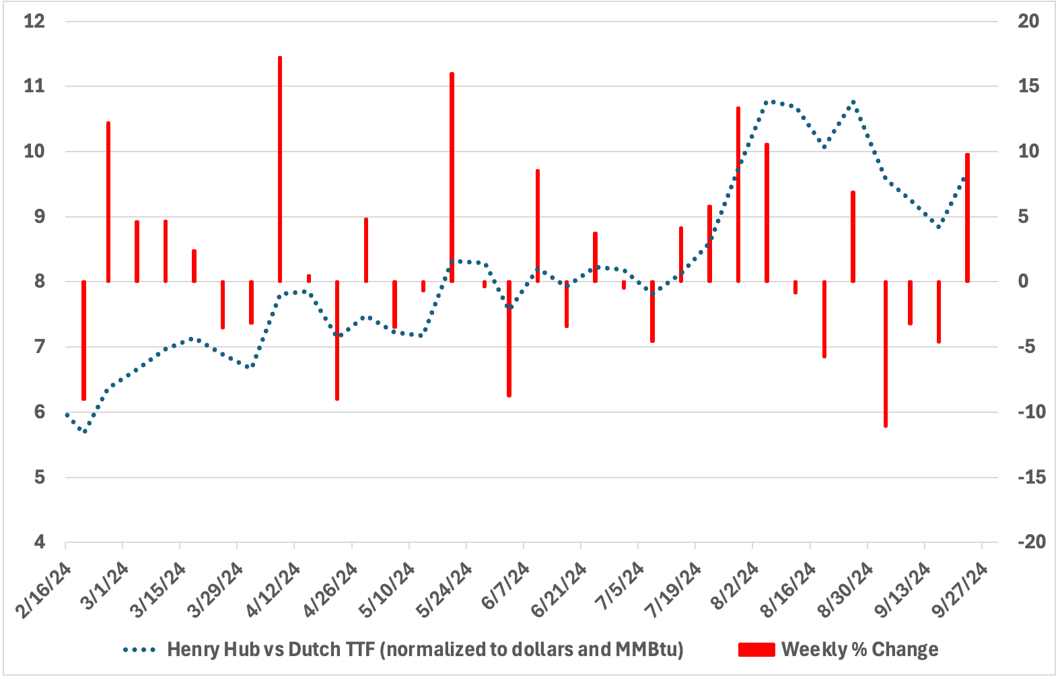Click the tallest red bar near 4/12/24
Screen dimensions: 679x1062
pyautogui.click(x=280, y=168)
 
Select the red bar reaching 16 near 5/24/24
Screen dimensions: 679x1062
pyautogui.click(x=452, y=176)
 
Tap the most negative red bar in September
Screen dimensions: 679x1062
pyautogui.click(x=886, y=354)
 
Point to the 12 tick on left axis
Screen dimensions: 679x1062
pyautogui.click(x=34, y=21)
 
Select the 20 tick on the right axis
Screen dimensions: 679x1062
pyautogui.click(x=1028, y=21)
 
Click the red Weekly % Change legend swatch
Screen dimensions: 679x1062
pyautogui.click(x=756, y=649)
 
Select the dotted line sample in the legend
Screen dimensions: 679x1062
pyautogui.click(x=139, y=649)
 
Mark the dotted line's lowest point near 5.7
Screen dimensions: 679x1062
pyautogui.click(x=84, y=431)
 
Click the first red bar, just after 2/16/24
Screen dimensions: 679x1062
pyautogui.click(x=83, y=340)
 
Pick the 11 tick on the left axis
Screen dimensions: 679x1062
pyautogui.click(x=34, y=86)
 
